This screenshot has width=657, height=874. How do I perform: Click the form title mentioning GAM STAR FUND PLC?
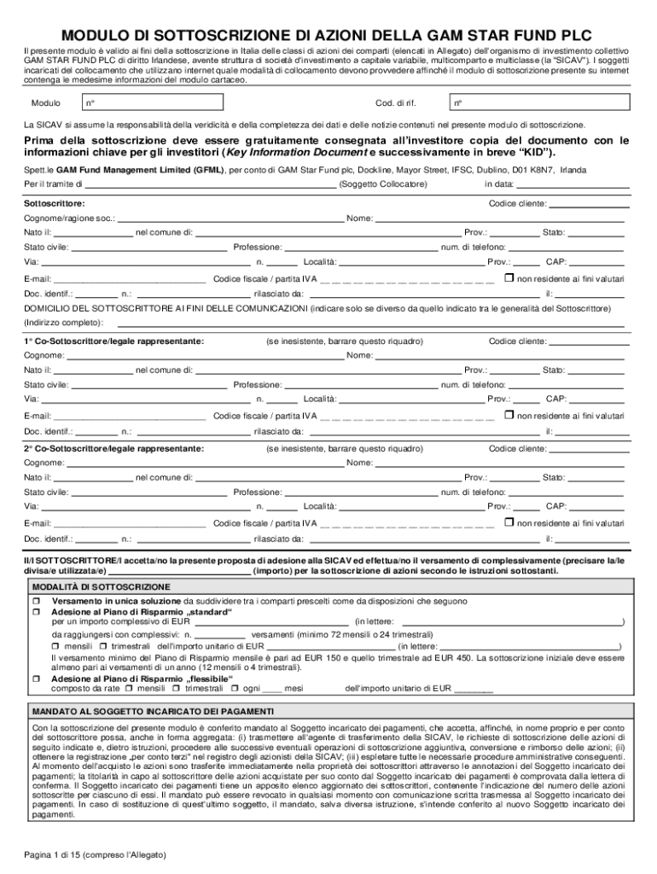328,36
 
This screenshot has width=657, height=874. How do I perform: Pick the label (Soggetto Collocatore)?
383,184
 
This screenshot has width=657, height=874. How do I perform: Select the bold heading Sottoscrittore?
54,204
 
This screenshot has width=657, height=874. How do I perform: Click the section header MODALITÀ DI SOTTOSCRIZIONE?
102,587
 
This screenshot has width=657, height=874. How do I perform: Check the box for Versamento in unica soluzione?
37,601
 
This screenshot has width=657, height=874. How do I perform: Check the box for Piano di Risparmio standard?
37,612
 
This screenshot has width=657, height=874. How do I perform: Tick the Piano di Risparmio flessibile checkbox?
37,679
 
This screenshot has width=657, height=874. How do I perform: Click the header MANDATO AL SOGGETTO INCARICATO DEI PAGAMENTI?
153,711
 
